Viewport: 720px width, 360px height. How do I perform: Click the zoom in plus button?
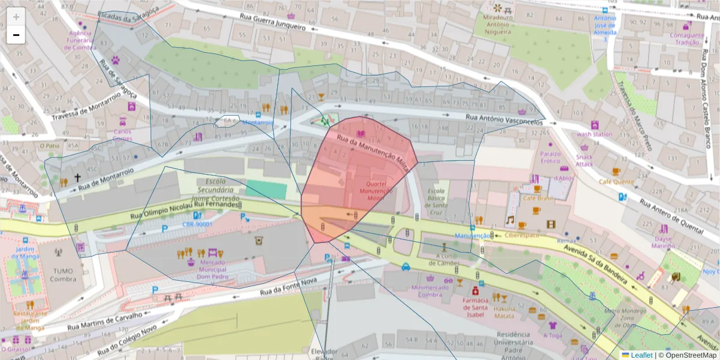[x=16, y=17]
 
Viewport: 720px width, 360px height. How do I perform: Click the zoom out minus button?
[x=16, y=35]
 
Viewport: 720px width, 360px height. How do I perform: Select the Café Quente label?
[x=616, y=181]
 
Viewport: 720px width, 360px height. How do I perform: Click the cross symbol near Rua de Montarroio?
[x=77, y=178]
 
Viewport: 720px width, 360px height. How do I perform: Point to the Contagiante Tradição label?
[x=686, y=38]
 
